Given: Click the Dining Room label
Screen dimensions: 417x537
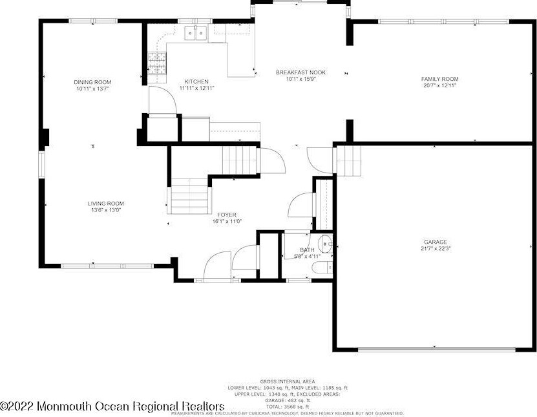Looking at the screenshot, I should [x=92, y=82].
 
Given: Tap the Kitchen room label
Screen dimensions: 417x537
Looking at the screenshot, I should [x=196, y=81].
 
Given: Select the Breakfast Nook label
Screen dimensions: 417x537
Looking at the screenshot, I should [x=300, y=72].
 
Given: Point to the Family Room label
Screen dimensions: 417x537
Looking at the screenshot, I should [x=439, y=79].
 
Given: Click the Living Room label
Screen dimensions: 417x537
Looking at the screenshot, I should [x=105, y=204].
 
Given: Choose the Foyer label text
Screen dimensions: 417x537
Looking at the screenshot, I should [x=226, y=215].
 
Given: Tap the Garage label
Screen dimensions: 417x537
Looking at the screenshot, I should [x=435, y=242].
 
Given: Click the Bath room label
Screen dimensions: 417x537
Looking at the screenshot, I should [x=307, y=250].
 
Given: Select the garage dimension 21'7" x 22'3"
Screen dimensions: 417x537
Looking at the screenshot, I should [x=435, y=248].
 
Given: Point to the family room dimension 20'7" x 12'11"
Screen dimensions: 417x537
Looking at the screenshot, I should [x=439, y=85].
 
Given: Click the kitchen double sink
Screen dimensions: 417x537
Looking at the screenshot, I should [x=195, y=32].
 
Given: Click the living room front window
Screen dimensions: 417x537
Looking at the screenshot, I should [x=107, y=265].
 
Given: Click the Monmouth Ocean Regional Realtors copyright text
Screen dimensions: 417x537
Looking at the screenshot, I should [x=112, y=406].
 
